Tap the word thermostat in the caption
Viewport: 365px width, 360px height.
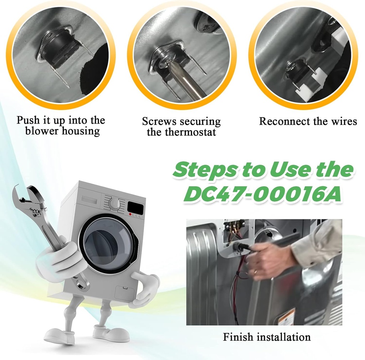pyautogui.click(x=190, y=132)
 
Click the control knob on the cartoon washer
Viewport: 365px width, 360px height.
pyautogui.click(x=115, y=204)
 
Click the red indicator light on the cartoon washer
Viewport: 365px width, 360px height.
pyautogui.click(x=130, y=214)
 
